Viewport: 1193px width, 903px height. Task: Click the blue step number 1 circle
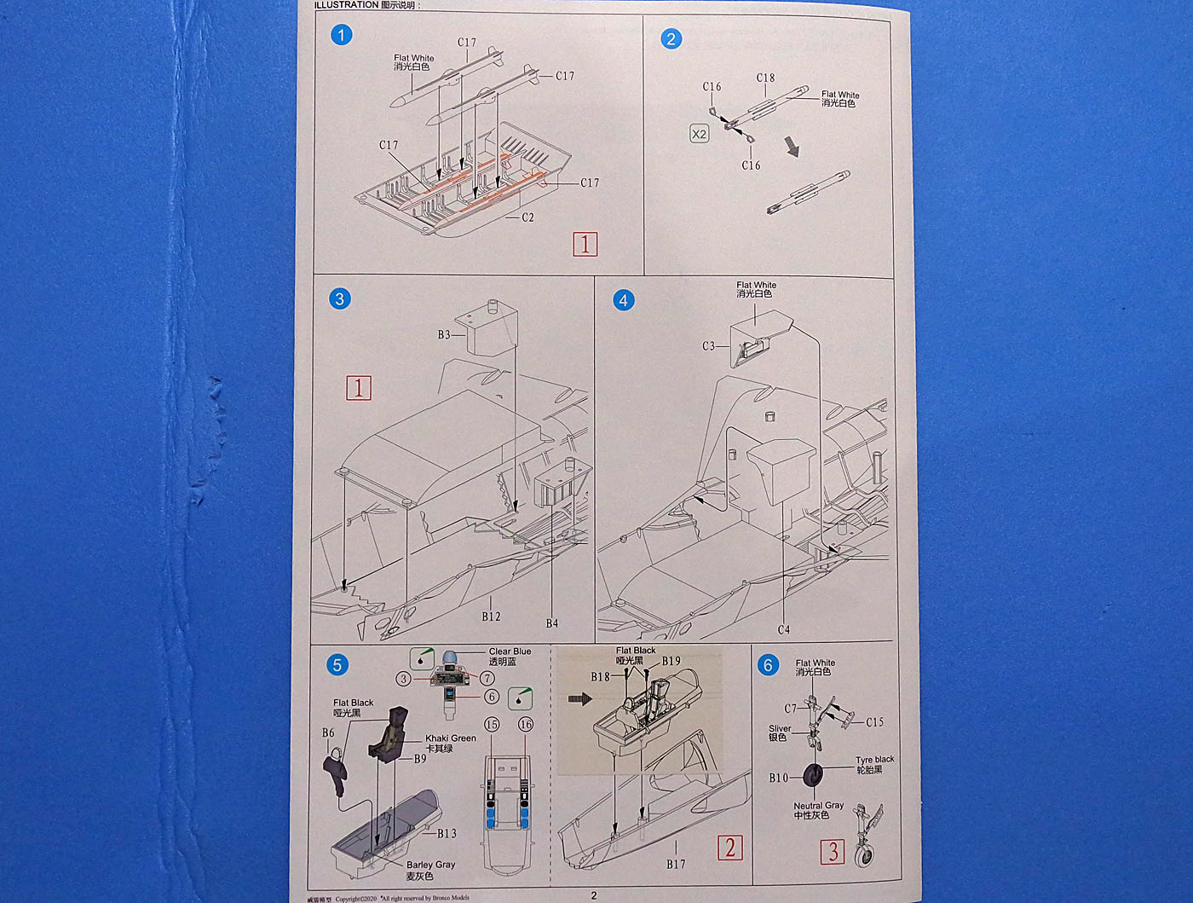[341, 35]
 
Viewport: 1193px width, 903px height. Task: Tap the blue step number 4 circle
[624, 300]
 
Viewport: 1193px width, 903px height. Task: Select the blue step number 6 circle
[768, 665]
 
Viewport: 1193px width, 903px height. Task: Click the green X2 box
[699, 134]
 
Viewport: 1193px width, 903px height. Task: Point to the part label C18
[765, 78]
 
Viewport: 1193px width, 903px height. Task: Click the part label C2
[527, 217]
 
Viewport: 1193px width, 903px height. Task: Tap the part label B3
[444, 335]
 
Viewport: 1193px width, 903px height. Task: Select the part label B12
[491, 616]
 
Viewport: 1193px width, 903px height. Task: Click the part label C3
[709, 346]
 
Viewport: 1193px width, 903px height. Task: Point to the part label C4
[783, 630]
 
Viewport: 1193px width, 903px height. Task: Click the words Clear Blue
[510, 651]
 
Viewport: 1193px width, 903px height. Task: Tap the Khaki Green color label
[451, 738]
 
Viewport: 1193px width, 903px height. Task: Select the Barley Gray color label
[430, 865]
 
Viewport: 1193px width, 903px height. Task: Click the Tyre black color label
[875, 759]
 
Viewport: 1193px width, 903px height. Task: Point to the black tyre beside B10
[814, 776]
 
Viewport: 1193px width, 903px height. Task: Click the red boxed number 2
[729, 848]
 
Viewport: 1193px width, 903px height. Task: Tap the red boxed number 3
[833, 851]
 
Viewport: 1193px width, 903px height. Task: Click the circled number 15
[492, 725]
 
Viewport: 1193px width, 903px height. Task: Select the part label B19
[671, 661]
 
